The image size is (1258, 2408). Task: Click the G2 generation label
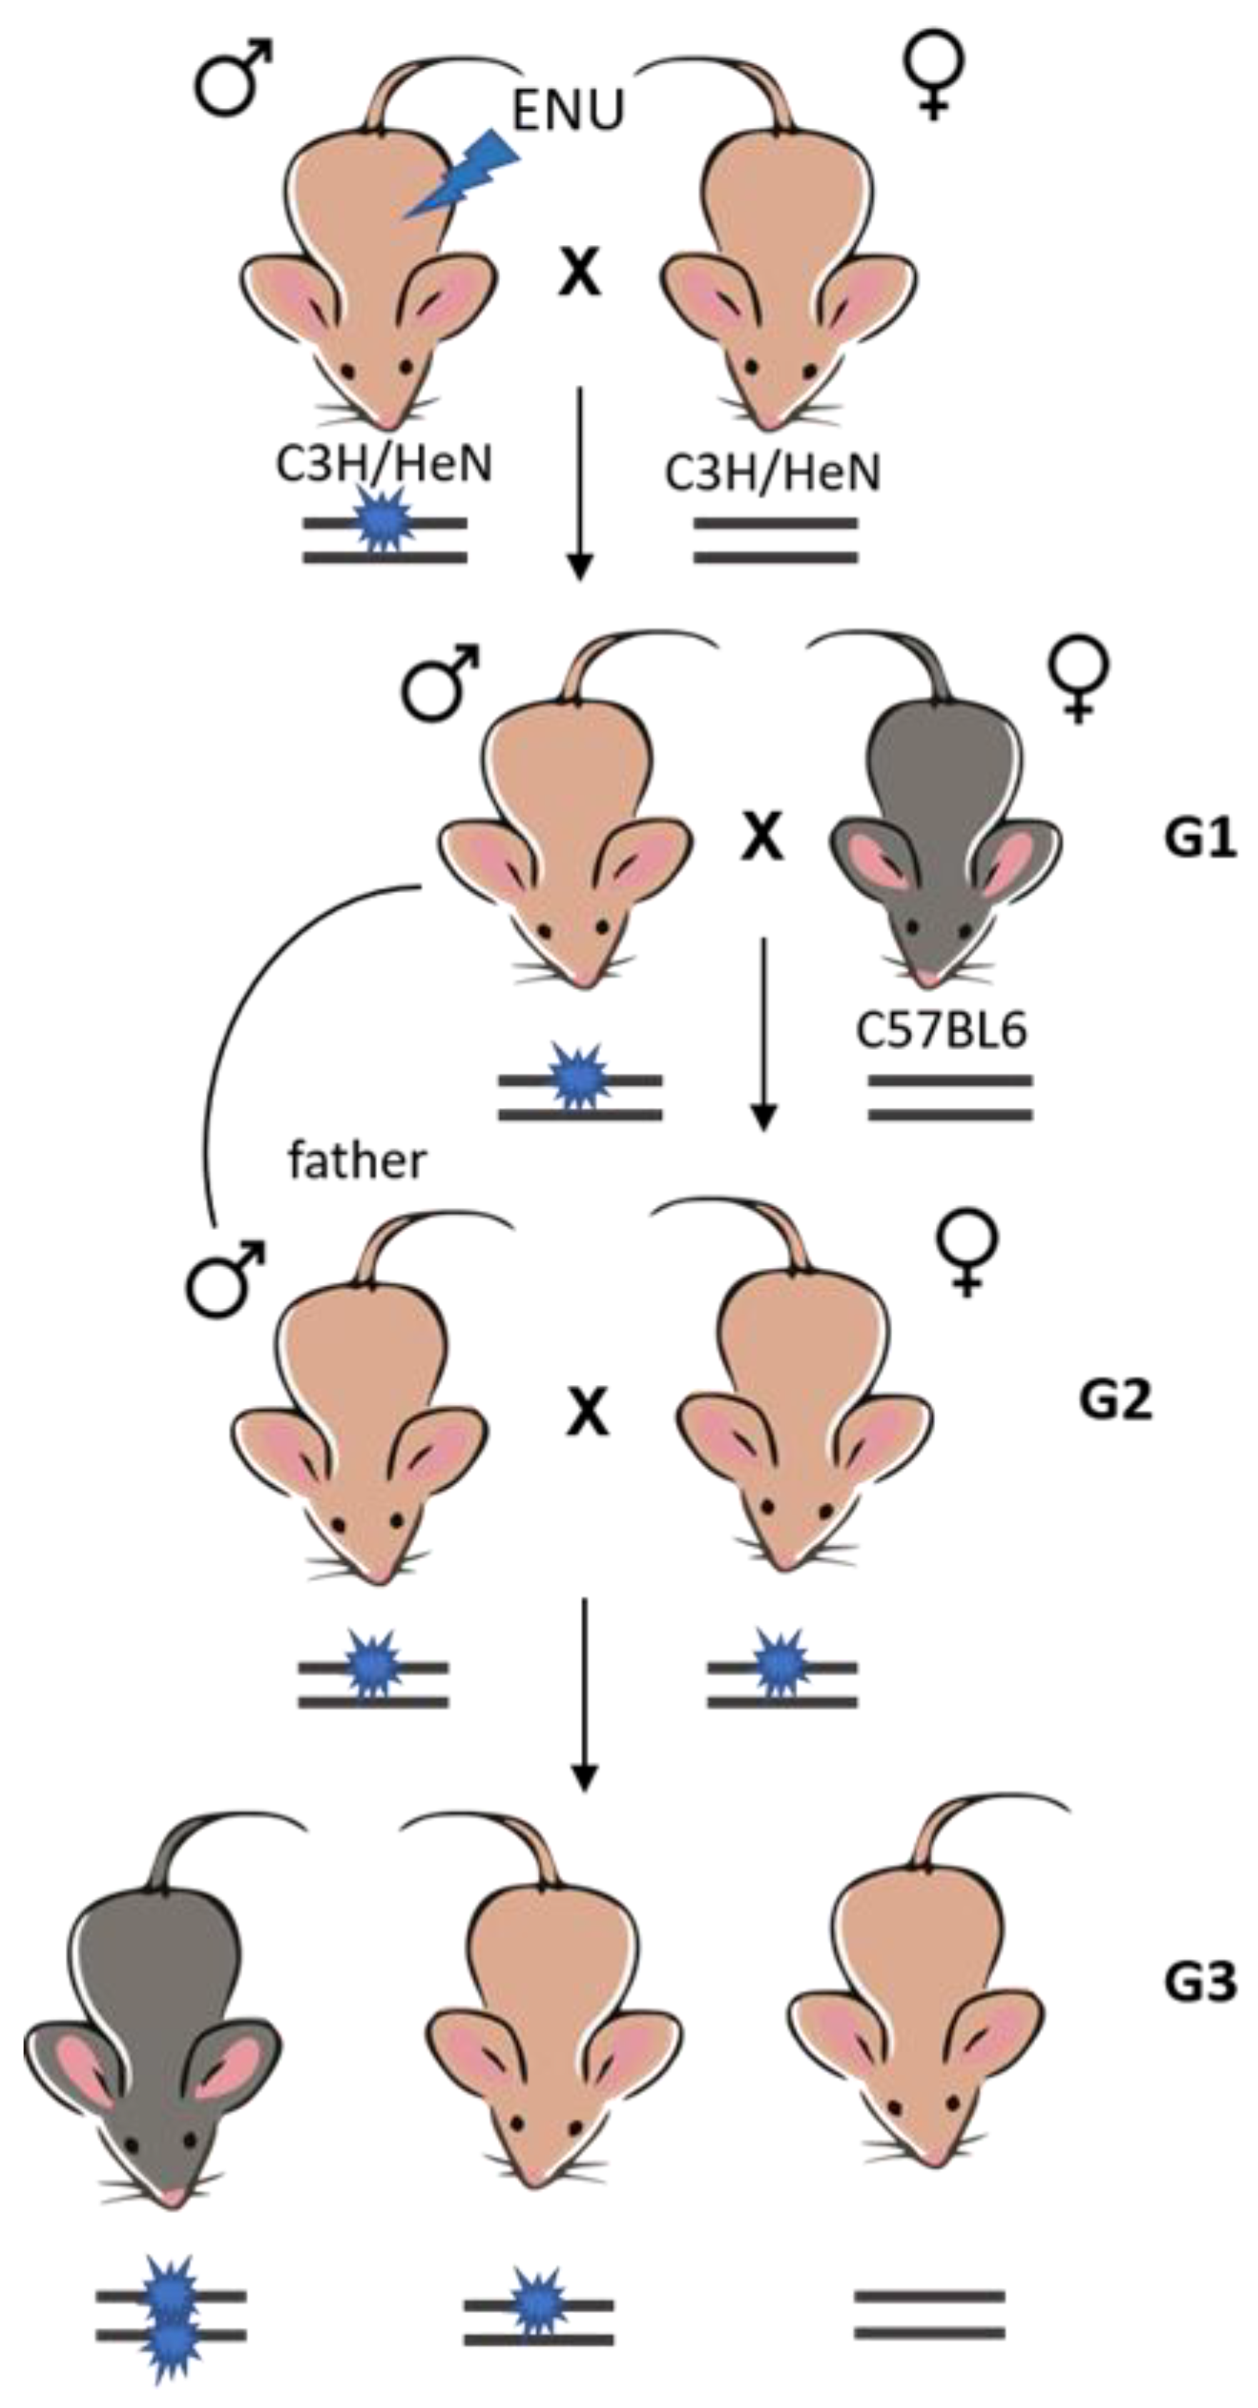[x=1115, y=1400]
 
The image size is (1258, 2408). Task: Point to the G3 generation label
[x=1200, y=1980]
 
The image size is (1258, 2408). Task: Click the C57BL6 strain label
[x=941, y=1030]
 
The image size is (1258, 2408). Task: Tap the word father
[x=356, y=1161]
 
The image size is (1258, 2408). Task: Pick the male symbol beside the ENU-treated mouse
[x=232, y=79]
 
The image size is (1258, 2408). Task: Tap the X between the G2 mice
[x=587, y=1411]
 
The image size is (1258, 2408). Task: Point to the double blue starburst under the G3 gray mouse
[x=171, y=2318]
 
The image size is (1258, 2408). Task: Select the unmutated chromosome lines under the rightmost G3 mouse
[x=929, y=2314]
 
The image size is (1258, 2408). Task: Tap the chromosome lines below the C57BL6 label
[x=949, y=1097]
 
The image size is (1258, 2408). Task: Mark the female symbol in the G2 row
[x=967, y=1253]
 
